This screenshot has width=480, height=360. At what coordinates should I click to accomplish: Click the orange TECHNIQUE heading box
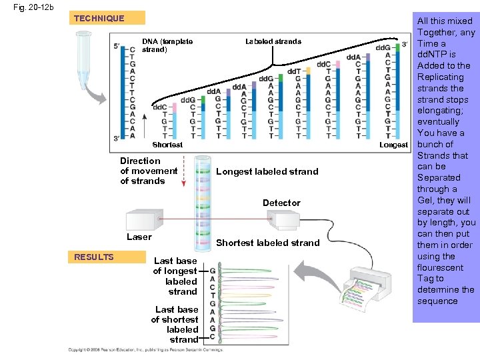(x=99, y=18)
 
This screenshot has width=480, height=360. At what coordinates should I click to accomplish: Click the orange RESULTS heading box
(x=94, y=257)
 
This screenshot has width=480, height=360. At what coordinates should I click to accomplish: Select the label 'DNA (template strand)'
(x=167, y=45)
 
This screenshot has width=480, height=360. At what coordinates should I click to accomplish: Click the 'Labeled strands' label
(x=273, y=41)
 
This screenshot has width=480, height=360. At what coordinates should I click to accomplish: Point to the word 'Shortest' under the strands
(x=167, y=145)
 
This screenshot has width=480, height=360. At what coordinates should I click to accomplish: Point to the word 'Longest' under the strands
(x=393, y=145)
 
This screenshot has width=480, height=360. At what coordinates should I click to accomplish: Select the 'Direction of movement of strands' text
(x=149, y=171)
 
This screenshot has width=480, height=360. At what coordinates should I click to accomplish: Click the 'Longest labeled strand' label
(x=267, y=171)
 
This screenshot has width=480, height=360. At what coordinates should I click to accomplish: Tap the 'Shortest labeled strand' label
(x=267, y=243)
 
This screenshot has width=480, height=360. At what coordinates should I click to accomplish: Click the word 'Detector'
(x=281, y=203)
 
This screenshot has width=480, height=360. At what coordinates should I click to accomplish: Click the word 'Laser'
(x=139, y=237)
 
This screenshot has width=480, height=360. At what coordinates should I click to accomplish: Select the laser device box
(x=144, y=219)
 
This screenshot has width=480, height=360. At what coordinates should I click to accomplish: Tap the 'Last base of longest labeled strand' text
(x=175, y=276)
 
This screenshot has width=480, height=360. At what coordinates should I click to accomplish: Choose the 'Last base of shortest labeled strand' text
(x=175, y=324)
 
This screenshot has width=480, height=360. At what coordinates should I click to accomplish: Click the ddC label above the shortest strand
(x=160, y=107)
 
